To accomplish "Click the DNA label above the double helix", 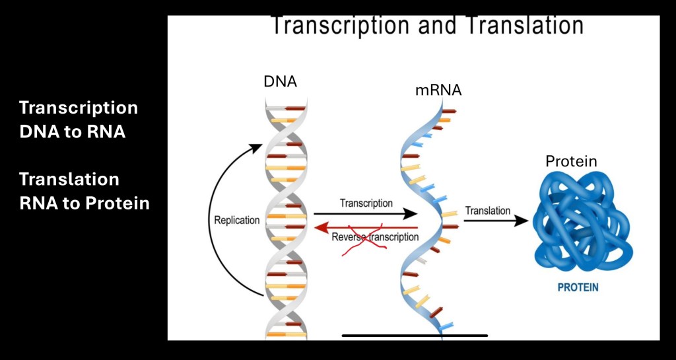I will [281, 82].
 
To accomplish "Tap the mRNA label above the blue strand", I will [438, 90].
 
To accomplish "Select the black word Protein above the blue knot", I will [571, 161].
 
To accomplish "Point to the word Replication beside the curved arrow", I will [237, 221].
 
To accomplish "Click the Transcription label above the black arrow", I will [366, 203].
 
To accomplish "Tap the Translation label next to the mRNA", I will [488, 211].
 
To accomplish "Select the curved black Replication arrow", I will [217, 218].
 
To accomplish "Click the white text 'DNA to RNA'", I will [73, 131].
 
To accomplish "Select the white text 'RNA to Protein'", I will [84, 203].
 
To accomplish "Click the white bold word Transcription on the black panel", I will [79, 108].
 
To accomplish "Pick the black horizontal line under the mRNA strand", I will [415, 336].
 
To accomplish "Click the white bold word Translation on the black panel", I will [69, 179].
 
